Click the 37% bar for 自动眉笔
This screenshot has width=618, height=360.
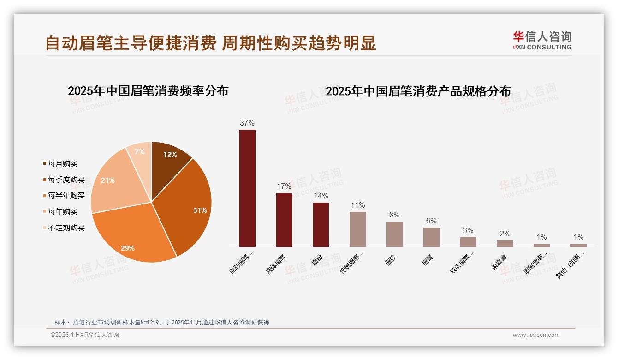(x=247, y=188)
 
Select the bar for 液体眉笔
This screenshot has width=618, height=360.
(x=284, y=220)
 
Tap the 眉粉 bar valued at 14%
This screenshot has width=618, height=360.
(x=321, y=225)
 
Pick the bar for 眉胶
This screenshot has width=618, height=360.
(x=394, y=234)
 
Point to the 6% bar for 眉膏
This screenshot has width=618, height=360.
(x=431, y=237)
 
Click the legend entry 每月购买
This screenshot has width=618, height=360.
(x=63, y=164)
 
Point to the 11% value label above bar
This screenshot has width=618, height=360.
(x=357, y=205)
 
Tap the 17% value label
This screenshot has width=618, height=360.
(x=284, y=186)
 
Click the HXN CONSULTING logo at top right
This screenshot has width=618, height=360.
(x=542, y=41)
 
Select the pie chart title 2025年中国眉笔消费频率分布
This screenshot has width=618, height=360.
(x=148, y=91)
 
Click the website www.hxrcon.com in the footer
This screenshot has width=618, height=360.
(x=536, y=335)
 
